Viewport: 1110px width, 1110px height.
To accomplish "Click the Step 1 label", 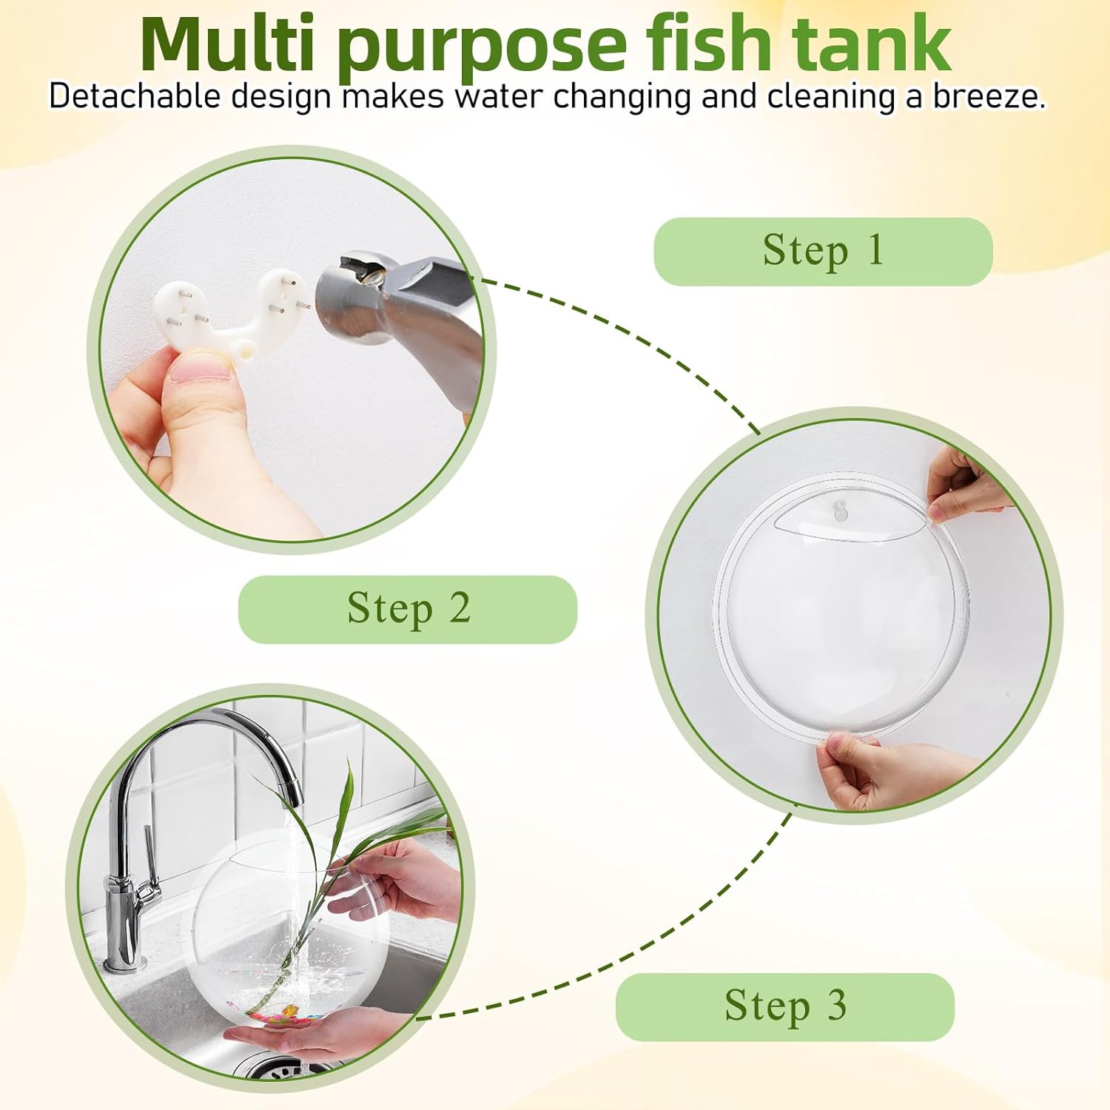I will point(823,251).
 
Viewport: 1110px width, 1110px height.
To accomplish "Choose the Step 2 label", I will point(408,609).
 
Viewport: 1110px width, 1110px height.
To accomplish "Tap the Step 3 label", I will point(785,1006).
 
